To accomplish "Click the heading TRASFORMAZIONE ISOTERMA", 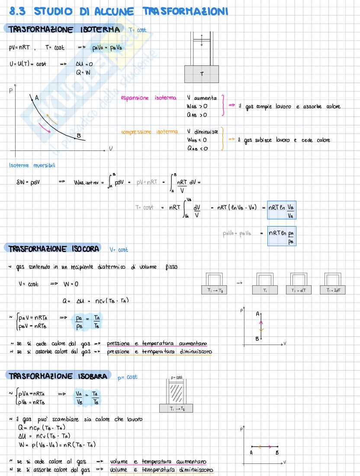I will [63, 30].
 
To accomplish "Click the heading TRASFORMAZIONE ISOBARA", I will [56, 376].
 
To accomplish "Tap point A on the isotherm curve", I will [32, 99].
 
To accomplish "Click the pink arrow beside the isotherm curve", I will [44, 128].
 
